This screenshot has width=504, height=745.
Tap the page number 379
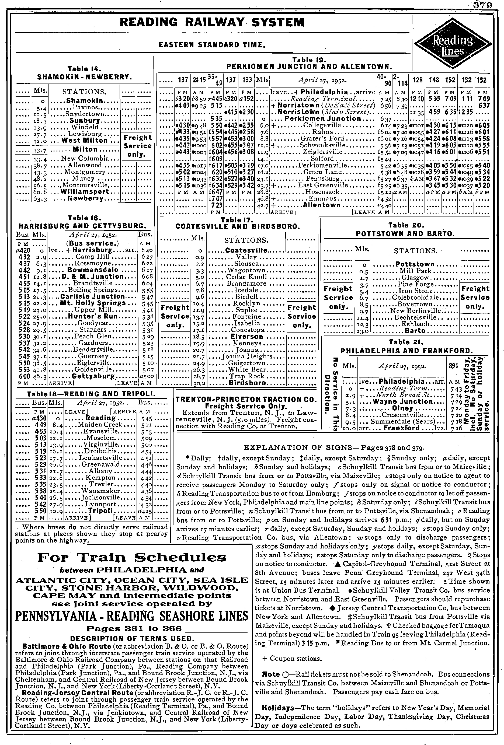[489, 5]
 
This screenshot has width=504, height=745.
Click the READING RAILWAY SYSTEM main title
[211, 22]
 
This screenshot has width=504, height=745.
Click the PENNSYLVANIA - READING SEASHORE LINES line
[132, 615]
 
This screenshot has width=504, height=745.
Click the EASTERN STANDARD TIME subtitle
[212, 46]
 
